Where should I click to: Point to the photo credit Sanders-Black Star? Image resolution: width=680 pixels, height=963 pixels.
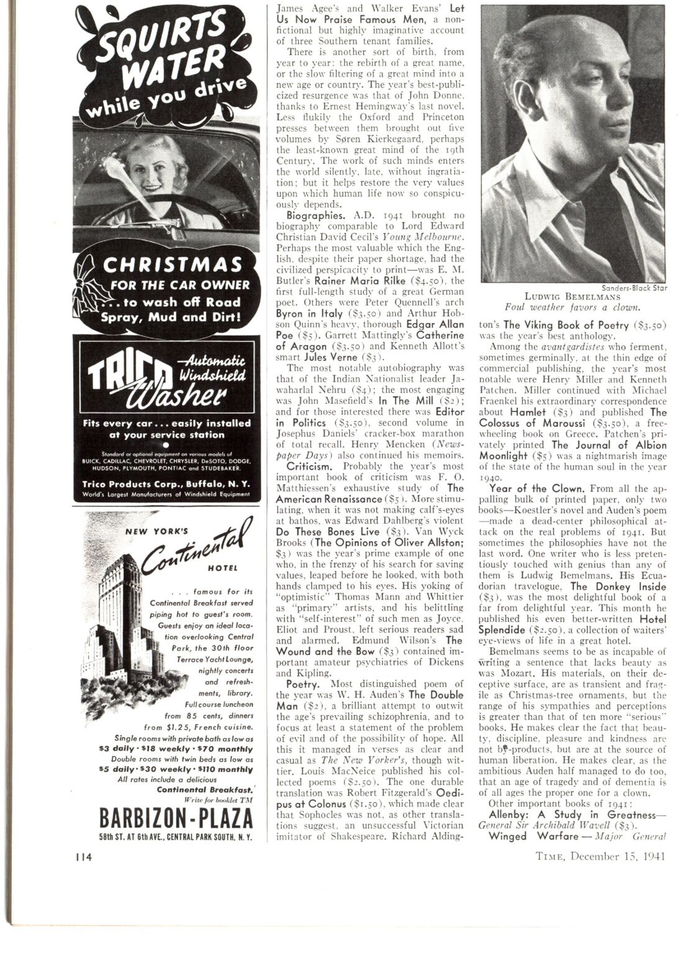pos(632,287)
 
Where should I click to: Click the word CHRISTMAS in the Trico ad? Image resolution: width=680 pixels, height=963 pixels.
pos(172,265)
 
